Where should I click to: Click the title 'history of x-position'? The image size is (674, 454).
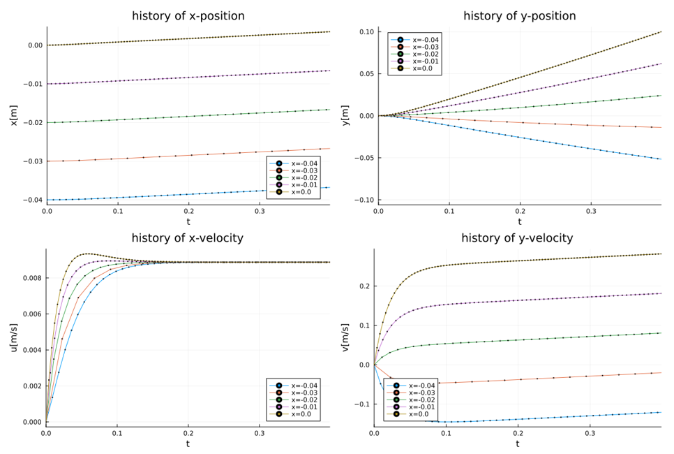click(x=188, y=16)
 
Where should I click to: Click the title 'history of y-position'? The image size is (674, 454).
click(x=519, y=16)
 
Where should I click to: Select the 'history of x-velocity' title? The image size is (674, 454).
click(x=187, y=238)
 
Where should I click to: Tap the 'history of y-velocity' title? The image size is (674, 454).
click(x=517, y=238)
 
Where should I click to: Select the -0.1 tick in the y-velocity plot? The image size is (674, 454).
click(x=361, y=404)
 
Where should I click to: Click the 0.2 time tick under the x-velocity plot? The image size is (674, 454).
click(x=188, y=434)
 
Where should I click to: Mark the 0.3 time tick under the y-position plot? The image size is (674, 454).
click(x=590, y=212)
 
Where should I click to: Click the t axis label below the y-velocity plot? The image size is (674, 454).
click(x=517, y=444)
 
